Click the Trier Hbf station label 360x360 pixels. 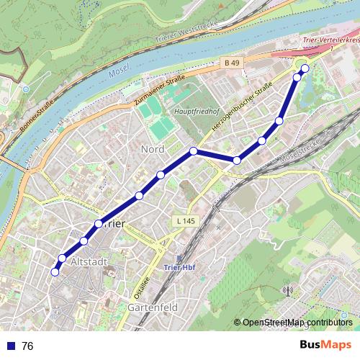tap(181, 269)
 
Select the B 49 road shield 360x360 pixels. tap(231, 64)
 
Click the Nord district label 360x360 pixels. tap(153, 149)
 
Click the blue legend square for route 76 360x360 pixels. tap(10, 346)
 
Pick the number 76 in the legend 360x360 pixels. tap(27, 346)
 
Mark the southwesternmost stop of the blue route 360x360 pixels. tap(54, 271)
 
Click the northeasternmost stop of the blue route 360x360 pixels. tap(305, 68)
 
